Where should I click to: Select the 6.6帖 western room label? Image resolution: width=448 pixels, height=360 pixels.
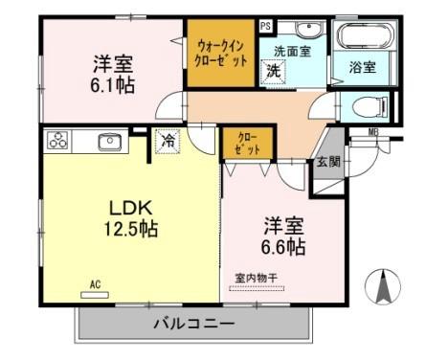[x=284, y=237]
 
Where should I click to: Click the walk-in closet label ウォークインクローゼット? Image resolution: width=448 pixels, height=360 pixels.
[x=222, y=52]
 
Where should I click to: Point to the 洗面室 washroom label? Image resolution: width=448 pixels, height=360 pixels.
[x=292, y=50]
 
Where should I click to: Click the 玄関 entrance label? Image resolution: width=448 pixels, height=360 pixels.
[x=327, y=162]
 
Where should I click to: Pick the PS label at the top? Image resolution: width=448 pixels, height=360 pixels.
[x=265, y=25]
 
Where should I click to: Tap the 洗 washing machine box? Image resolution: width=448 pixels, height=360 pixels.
[x=274, y=70]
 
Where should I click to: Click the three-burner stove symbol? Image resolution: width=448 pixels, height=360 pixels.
[x=60, y=141]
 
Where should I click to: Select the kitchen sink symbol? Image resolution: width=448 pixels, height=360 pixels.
[x=106, y=142]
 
